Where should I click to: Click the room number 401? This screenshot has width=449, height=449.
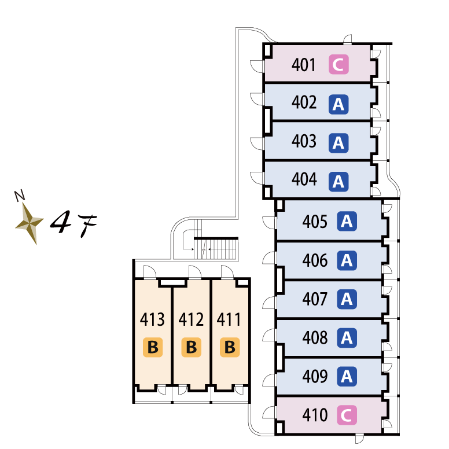click(x=304, y=65)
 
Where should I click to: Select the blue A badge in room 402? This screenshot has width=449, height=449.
click(x=338, y=104)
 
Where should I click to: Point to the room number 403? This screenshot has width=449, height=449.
click(x=304, y=142)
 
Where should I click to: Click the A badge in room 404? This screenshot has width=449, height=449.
click(x=338, y=182)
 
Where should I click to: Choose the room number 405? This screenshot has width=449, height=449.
click(x=315, y=222)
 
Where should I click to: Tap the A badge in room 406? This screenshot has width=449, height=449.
click(x=347, y=260)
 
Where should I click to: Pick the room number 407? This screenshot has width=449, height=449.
click(x=315, y=299)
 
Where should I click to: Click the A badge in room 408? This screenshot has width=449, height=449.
click(x=347, y=337)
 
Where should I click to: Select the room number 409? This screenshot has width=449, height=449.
click(x=315, y=377)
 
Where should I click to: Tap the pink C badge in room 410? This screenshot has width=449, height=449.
click(x=347, y=415)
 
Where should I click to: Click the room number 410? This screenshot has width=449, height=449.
click(x=315, y=415)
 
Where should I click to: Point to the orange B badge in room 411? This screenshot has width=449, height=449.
click(x=230, y=348)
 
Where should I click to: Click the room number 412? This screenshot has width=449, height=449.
click(x=192, y=319)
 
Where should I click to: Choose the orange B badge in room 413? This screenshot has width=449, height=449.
click(x=153, y=348)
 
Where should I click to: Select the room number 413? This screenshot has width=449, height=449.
click(x=153, y=319)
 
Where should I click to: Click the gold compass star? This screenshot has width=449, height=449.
click(x=29, y=222)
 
